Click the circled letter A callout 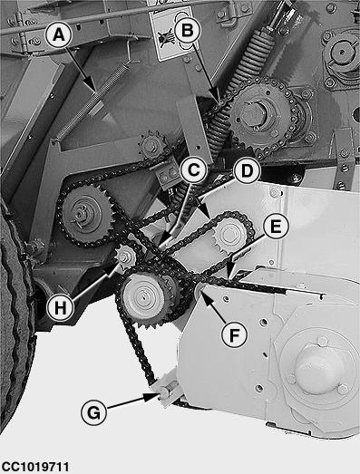click(59, 35)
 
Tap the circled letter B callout click(188, 31)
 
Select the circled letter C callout click(194, 170)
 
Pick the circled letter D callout click(248, 171)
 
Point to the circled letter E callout click(276, 227)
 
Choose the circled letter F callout click(234, 334)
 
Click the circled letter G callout click(94, 412)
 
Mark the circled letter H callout click(61, 308)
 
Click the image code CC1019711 click(34, 467)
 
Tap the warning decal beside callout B click(170, 34)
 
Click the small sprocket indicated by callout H click(124, 258)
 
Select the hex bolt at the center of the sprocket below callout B click(253, 113)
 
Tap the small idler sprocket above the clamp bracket click(151, 146)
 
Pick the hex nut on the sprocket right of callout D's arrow click(229, 234)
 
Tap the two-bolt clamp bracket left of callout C click(168, 175)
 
